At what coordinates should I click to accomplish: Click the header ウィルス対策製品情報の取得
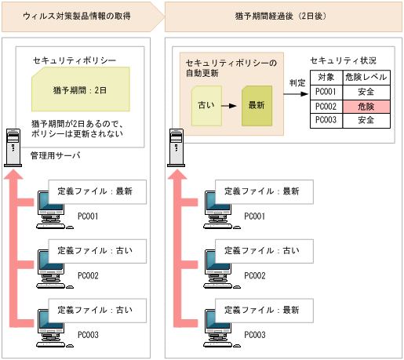tap(78, 15)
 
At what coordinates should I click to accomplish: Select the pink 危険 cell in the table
tap(366, 106)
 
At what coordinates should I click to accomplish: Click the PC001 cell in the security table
tap(325, 92)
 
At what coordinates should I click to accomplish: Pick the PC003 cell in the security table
tap(325, 120)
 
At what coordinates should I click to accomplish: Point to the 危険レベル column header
tap(366, 78)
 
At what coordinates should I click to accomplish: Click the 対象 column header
tap(325, 78)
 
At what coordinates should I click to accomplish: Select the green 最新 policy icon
tap(256, 105)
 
